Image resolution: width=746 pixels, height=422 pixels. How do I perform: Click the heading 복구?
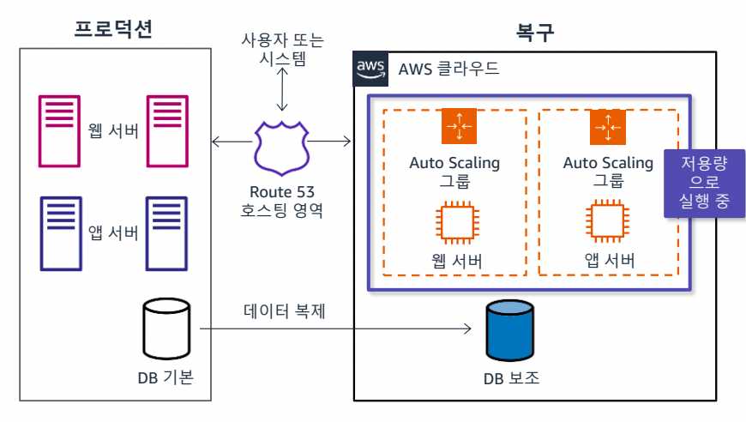534,32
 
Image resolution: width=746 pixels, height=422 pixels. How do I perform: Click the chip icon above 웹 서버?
454,220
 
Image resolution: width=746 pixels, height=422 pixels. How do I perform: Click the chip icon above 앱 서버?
607,220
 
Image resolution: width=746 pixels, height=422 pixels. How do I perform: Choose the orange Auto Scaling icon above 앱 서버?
607,127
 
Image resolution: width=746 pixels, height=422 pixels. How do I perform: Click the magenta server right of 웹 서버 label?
168,130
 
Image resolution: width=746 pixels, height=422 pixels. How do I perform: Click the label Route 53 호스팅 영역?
281,200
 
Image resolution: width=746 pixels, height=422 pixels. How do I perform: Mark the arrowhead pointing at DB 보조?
471,329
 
